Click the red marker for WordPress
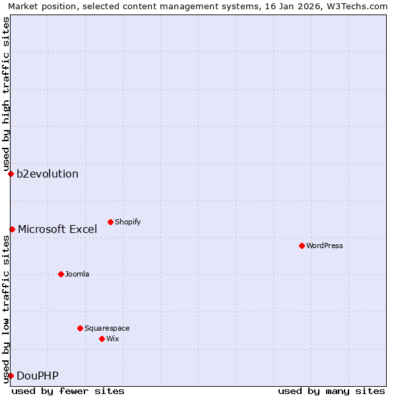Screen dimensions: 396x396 point(302,246)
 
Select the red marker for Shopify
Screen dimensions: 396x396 point(110,222)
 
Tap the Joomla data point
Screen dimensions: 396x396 point(61,274)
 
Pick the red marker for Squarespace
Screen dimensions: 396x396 point(80,328)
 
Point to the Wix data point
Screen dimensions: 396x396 point(102,339)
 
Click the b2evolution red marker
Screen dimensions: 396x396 point(11,174)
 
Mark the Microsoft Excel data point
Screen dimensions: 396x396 point(12,229)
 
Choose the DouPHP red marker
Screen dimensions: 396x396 point(11,376)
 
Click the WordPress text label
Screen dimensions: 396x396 point(325,246)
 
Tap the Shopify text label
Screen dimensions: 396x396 point(127,222)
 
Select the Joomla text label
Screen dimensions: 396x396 point(77,274)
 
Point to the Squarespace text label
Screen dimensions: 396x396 point(107,328)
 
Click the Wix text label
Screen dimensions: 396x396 point(113,339)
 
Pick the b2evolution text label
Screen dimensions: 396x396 point(48,174)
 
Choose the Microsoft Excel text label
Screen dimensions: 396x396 point(57,230)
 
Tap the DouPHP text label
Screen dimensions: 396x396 point(38,376)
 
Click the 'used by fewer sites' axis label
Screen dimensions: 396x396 point(68,391)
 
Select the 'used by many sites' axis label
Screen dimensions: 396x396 point(331,391)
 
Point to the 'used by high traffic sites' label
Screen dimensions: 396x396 point(6,94)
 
